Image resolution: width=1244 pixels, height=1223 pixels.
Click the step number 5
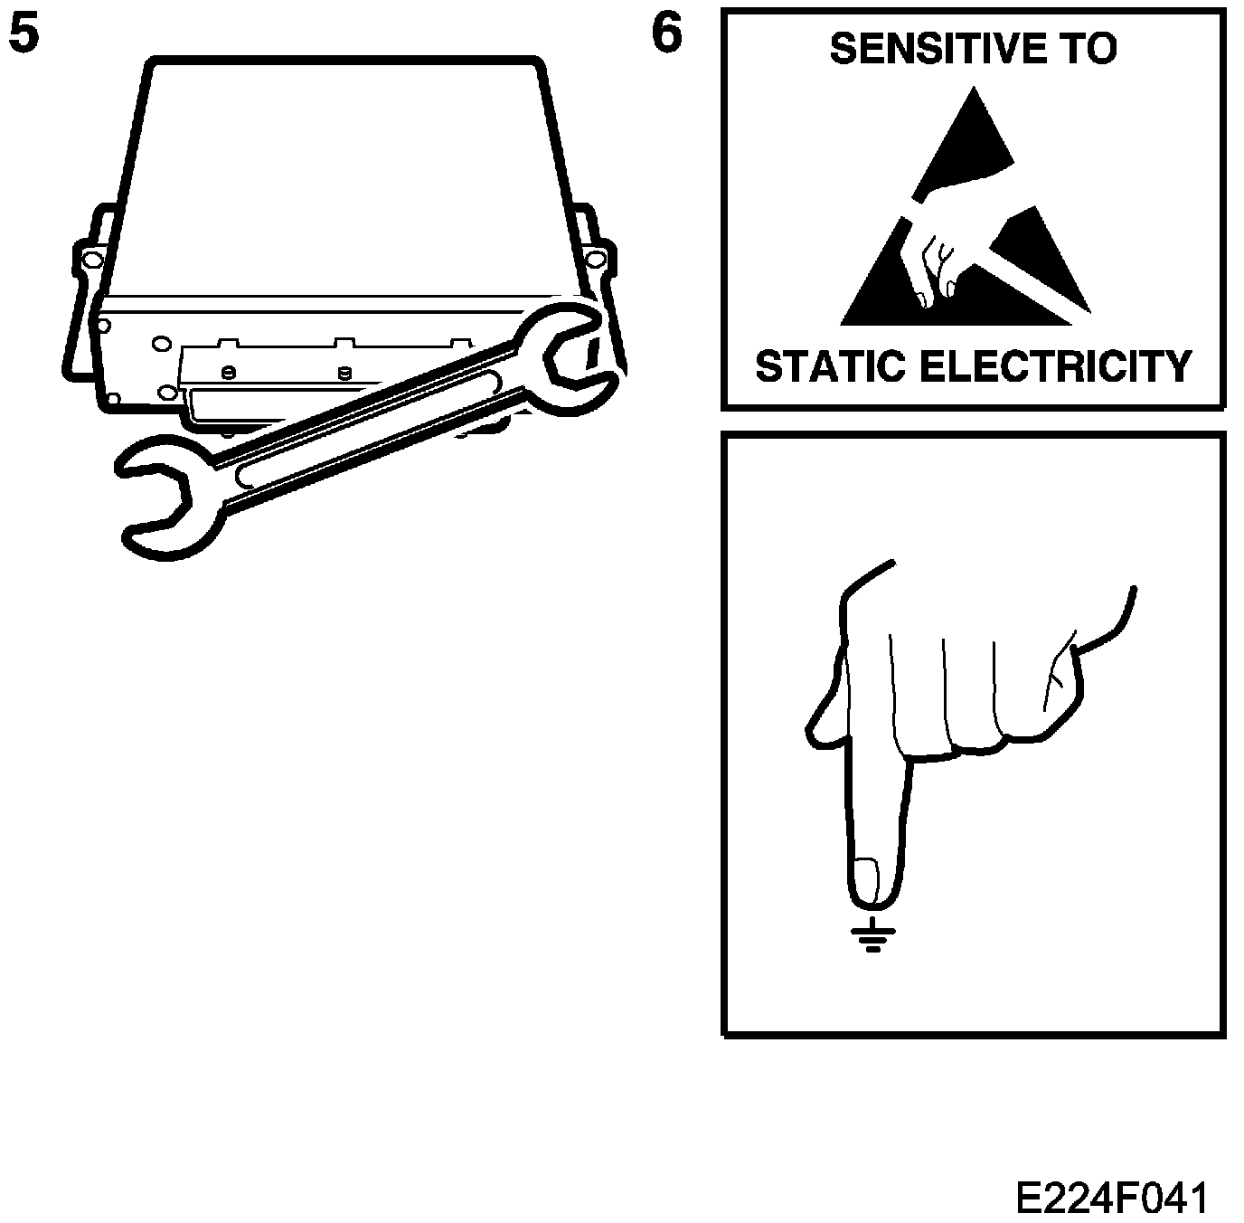[x=24, y=36]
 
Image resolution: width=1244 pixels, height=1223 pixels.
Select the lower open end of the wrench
[x=163, y=498]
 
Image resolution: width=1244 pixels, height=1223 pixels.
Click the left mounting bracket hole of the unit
[x=91, y=261]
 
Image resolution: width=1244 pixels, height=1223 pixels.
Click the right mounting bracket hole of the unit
[x=595, y=261]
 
